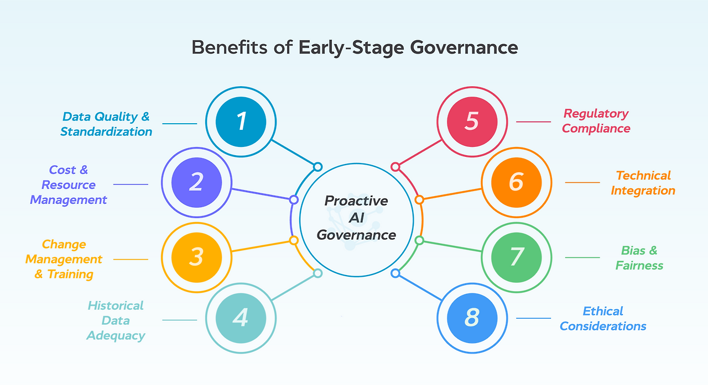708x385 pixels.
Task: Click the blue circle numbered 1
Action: pos(241,122)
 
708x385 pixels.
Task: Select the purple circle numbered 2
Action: pos(196,182)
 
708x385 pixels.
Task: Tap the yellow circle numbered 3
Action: pos(196,257)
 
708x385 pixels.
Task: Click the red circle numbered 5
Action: pos(471,122)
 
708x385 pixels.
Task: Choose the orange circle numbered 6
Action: pos(516,182)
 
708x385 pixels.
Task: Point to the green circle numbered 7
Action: pos(516,257)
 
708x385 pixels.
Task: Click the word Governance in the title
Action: pos(464,48)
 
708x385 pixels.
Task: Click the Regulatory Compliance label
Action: pos(596,121)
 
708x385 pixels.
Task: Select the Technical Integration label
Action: pos(643,183)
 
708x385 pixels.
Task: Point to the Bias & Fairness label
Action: pos(639,258)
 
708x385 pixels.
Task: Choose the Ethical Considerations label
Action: pos(603,319)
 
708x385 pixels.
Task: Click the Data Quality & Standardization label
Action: pos(106,124)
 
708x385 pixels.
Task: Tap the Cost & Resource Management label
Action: pos(69,185)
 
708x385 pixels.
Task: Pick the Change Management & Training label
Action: pos(64,259)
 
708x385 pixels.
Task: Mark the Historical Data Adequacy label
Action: pos(116,320)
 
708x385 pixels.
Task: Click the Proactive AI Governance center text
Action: pos(356,218)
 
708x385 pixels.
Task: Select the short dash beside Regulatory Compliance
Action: pos(533,122)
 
